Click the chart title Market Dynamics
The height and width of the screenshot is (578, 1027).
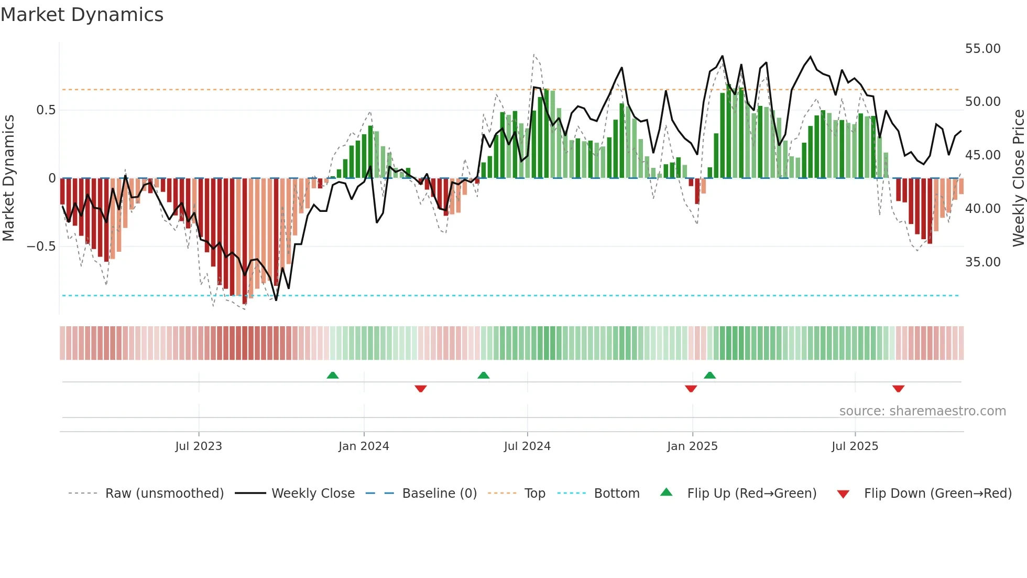pyautogui.click(x=82, y=15)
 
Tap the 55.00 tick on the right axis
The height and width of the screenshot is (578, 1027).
pyautogui.click(x=982, y=49)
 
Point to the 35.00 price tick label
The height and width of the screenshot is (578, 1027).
pyautogui.click(x=982, y=262)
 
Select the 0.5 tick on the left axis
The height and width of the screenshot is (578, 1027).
pyautogui.click(x=46, y=110)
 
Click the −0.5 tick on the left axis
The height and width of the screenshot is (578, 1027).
pyautogui.click(x=41, y=247)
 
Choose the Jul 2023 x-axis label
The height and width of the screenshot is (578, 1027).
pyautogui.click(x=199, y=446)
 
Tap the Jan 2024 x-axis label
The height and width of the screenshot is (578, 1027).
pyautogui.click(x=364, y=446)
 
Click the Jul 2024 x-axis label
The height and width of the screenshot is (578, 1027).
pyautogui.click(x=527, y=446)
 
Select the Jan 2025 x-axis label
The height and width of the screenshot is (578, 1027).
pyautogui.click(x=692, y=446)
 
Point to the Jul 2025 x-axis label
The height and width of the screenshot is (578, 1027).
pyautogui.click(x=855, y=446)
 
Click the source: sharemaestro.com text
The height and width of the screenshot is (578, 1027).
pyautogui.click(x=922, y=411)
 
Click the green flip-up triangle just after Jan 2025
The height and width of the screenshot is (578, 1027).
pyautogui.click(x=709, y=375)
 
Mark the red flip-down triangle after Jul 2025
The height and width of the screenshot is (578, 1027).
pyautogui.click(x=898, y=389)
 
